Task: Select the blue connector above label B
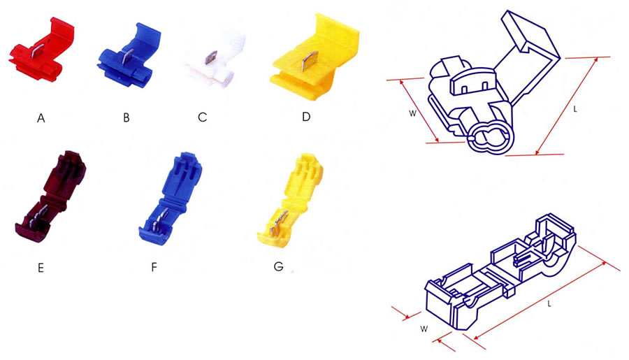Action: coord(129,55)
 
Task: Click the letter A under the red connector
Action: coord(41,118)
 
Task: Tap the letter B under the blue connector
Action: coord(126,117)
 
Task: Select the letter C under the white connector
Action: coord(203,117)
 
